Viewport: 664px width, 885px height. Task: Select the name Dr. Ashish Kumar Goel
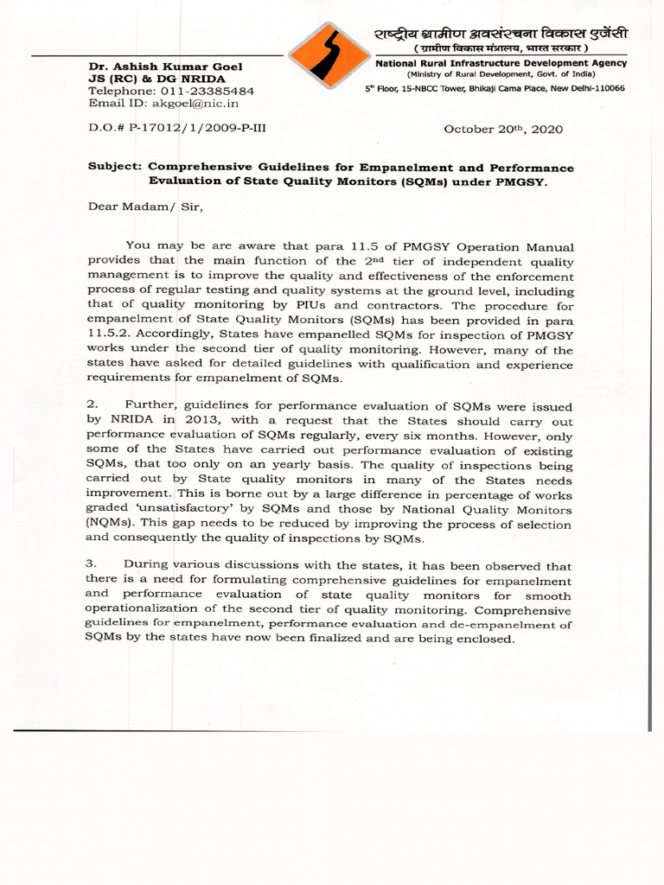point(165,67)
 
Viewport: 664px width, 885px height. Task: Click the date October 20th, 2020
point(503,129)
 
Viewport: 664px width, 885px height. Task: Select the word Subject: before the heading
point(116,167)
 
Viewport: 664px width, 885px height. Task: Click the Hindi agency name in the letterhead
point(501,34)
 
